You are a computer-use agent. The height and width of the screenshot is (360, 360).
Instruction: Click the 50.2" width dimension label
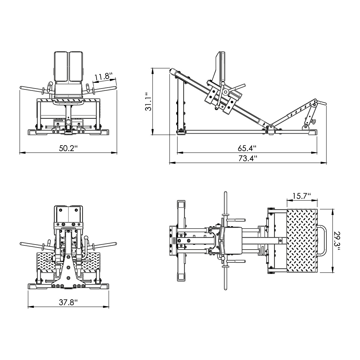coord(68,148)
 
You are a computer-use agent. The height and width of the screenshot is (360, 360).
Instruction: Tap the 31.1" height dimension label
coord(148,102)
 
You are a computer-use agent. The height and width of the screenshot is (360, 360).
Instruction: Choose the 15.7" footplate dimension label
coord(302,196)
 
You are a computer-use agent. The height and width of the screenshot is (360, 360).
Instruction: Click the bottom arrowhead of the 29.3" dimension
coord(332,270)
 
